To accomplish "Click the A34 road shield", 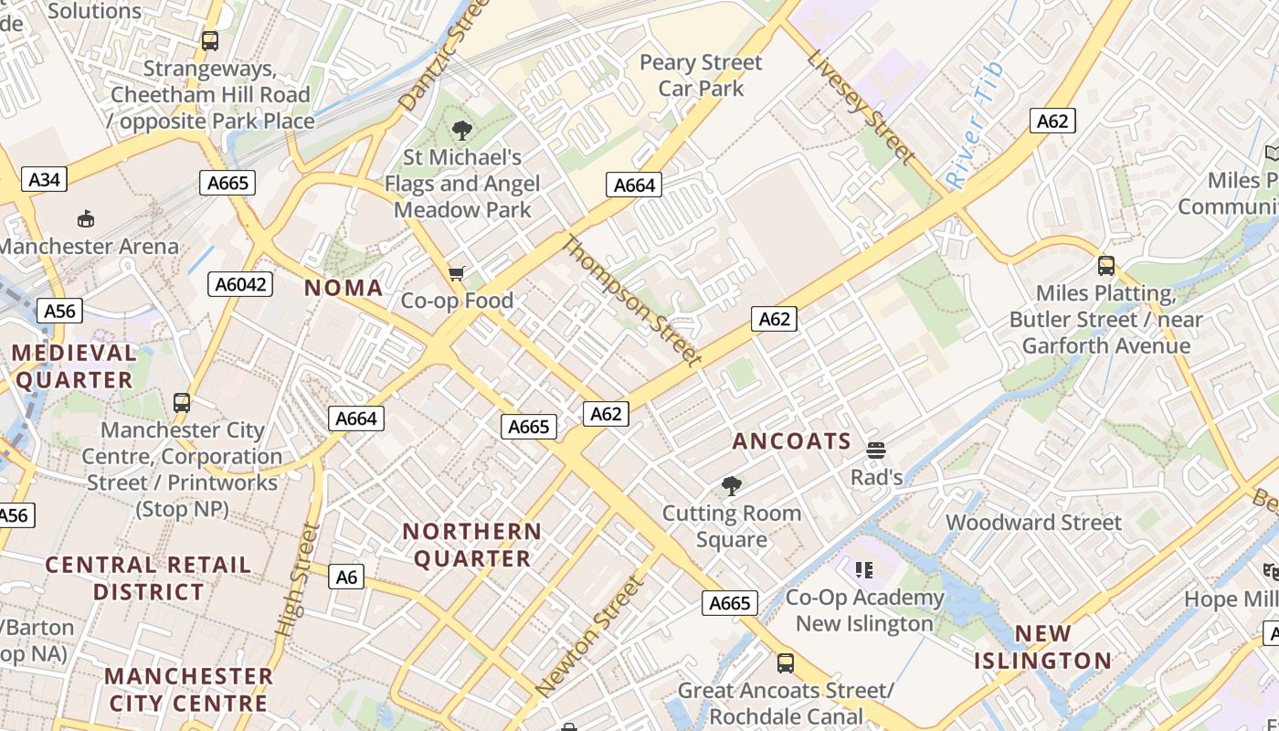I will [44, 179].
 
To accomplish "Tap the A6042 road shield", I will [241, 284].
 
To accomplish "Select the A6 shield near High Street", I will [346, 577].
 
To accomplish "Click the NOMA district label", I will [344, 288].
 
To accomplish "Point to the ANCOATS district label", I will [792, 441].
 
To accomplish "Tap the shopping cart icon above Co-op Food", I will [457, 273].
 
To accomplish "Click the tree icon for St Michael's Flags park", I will [462, 131].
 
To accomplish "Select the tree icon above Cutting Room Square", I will [731, 486].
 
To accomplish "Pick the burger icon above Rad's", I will [876, 450].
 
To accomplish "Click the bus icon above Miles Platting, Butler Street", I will [1106, 266].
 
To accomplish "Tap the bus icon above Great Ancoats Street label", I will [785, 663].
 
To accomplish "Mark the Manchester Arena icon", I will [85, 218].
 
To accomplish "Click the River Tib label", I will [975, 125].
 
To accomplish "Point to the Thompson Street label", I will [631, 300].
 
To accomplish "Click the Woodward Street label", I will [1033, 523].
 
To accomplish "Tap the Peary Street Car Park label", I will [701, 75].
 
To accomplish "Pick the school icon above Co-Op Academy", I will [864, 571].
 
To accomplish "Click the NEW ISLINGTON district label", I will [1042, 647].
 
